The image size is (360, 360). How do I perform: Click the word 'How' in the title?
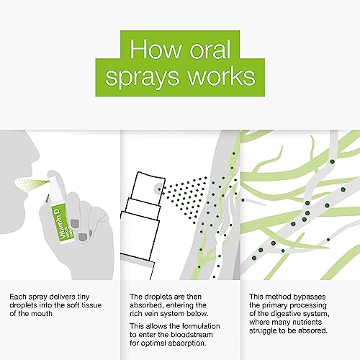156,49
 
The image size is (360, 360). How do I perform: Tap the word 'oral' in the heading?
210,49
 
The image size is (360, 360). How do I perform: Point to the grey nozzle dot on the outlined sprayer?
158,189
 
